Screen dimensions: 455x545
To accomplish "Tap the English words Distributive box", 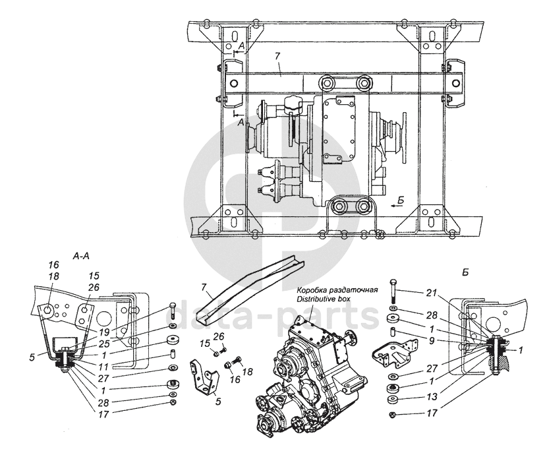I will point(323,299).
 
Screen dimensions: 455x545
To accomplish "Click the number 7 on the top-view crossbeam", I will point(279,67).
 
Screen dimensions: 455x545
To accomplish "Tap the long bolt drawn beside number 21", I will point(393,289).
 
